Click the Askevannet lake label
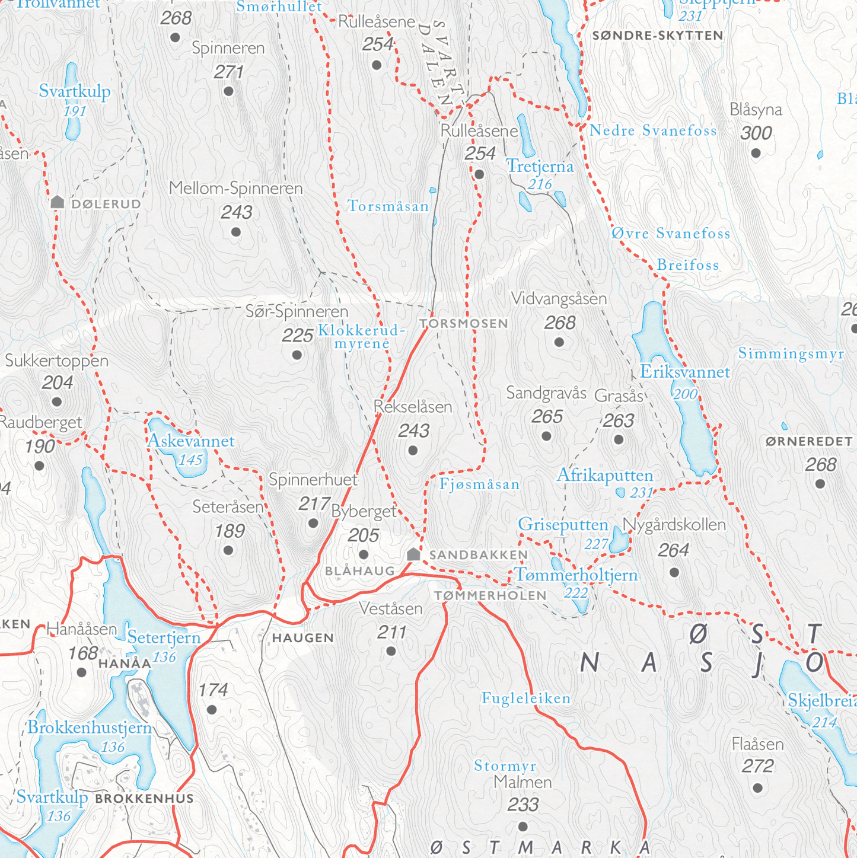(190, 441)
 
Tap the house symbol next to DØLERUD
(58, 202)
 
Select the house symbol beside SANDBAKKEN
(414, 554)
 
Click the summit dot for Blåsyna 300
(756, 154)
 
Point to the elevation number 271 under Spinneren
(229, 72)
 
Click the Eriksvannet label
(684, 372)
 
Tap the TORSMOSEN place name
(464, 324)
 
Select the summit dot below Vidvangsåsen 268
(559, 342)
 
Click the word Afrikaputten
(604, 476)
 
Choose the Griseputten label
(563, 525)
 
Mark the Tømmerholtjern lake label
(576, 575)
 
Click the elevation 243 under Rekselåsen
(414, 431)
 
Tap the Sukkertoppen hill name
(57, 361)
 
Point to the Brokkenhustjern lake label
(90, 728)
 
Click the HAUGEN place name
(303, 638)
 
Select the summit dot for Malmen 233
(523, 826)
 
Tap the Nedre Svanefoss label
(653, 131)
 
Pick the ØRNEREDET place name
(809, 442)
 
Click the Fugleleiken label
(526, 698)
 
